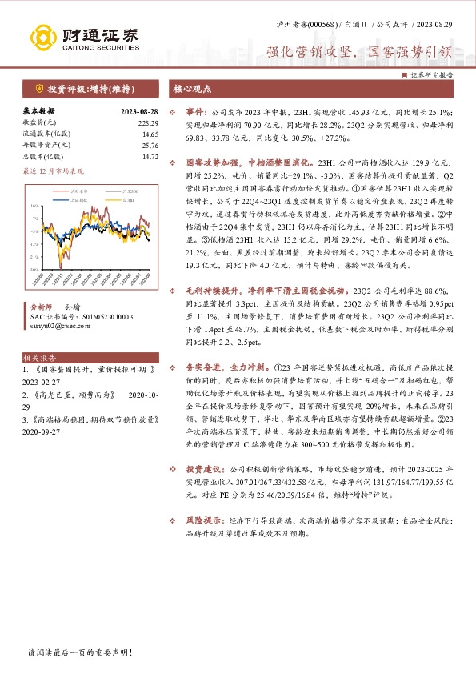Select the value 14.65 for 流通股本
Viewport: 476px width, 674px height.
click(150, 134)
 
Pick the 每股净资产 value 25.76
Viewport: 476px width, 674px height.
click(150, 146)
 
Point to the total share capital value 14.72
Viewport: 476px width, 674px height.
click(150, 157)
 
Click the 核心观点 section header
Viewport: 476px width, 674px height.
click(192, 90)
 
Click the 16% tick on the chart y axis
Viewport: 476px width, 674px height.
click(34, 205)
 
